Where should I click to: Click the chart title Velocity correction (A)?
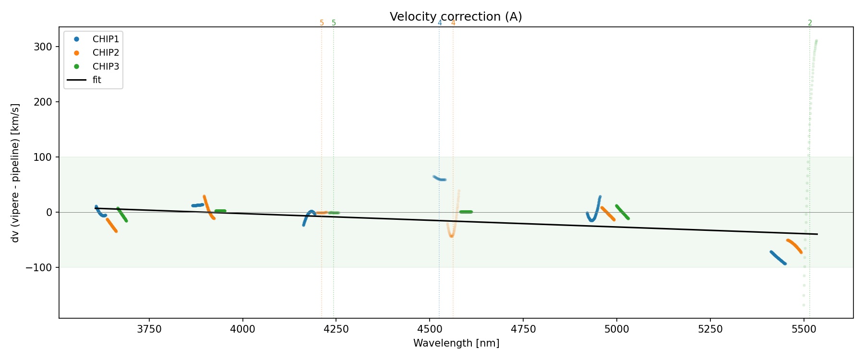tap(456, 17)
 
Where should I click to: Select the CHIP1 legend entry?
tap(106, 39)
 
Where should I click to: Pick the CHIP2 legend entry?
tap(106, 53)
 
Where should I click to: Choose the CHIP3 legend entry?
tap(106, 66)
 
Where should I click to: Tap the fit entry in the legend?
tap(96, 80)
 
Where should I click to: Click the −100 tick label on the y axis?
tap(42, 267)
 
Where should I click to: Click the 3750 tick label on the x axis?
tap(149, 329)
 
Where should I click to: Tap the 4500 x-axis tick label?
tap(430, 329)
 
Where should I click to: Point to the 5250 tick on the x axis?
tap(710, 329)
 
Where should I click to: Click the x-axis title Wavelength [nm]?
tap(456, 343)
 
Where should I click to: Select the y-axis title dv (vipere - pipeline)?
tap(15, 173)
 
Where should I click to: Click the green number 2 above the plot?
tap(810, 23)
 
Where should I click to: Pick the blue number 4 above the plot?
tap(440, 23)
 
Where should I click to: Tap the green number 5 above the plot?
tap(334, 23)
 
